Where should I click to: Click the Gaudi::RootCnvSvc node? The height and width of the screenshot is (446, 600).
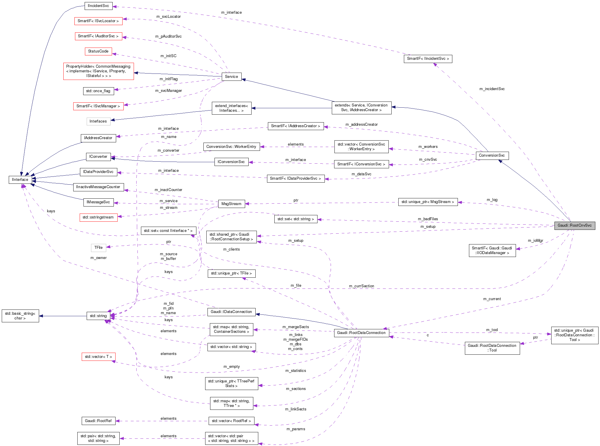[x=574, y=225]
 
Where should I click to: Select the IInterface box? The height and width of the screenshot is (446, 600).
[x=20, y=180]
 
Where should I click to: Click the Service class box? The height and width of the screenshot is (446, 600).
[x=231, y=77]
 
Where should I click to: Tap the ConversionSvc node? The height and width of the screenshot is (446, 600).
[x=492, y=155]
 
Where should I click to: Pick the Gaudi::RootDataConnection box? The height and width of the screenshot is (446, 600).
[x=361, y=333]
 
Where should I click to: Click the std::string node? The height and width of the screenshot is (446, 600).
[x=98, y=316]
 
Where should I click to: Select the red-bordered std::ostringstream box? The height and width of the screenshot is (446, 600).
[x=98, y=217]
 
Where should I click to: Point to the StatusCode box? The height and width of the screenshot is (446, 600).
[x=98, y=51]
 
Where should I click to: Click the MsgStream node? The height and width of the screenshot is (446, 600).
[x=231, y=204]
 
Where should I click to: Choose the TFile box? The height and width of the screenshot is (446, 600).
[x=98, y=248]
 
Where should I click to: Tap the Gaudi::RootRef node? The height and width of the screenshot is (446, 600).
[x=98, y=421]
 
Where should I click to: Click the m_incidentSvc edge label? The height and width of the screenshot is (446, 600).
[x=492, y=89]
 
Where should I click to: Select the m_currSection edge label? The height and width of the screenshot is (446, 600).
[x=361, y=286]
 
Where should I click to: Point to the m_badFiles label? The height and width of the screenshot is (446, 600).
[x=428, y=219]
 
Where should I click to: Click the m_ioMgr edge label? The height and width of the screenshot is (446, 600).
[x=535, y=241]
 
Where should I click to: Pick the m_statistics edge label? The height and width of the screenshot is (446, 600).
[x=296, y=371]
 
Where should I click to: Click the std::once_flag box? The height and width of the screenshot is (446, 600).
[x=98, y=91]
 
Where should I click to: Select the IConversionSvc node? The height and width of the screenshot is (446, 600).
[x=231, y=162]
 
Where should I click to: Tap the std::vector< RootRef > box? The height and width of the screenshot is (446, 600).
[x=231, y=421]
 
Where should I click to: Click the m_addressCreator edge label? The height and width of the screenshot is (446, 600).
[x=361, y=125]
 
